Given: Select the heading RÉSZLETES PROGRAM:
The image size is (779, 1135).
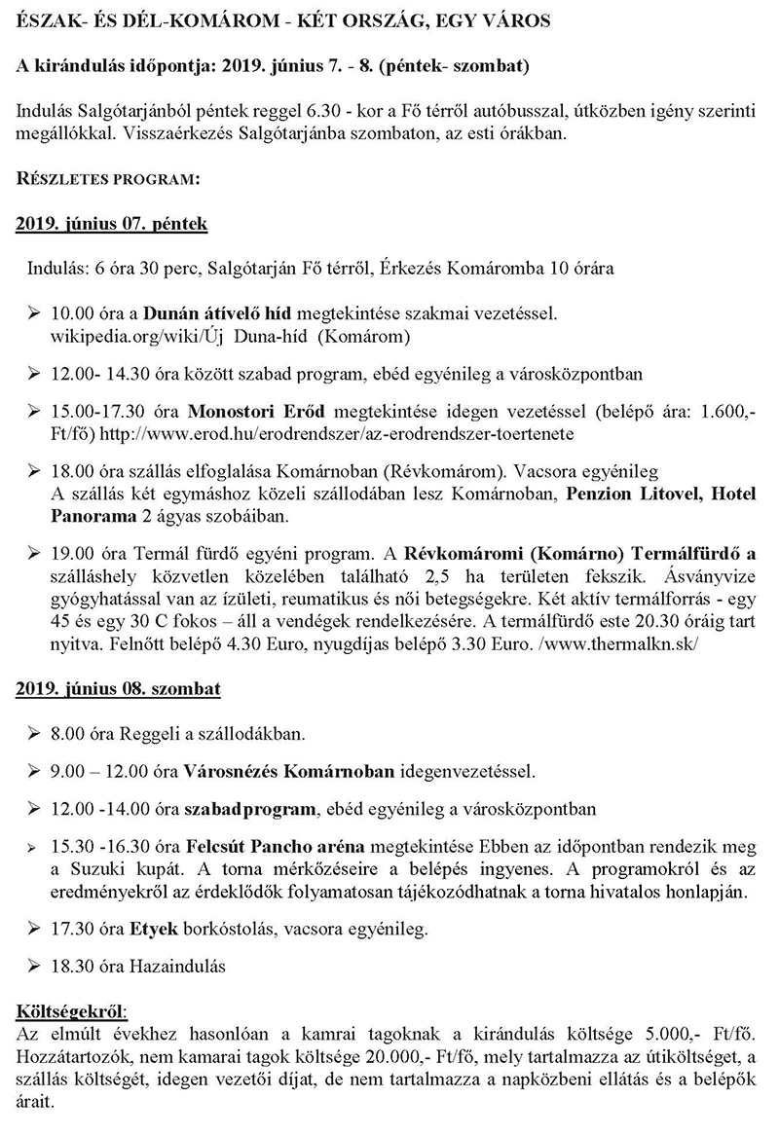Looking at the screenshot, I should tap(107, 179).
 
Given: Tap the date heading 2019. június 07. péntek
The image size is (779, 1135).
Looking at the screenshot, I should tap(112, 224).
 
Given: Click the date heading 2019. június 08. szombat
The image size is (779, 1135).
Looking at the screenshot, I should tap(118, 689).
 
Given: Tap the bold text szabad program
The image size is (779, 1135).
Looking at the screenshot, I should tap(249, 809).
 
